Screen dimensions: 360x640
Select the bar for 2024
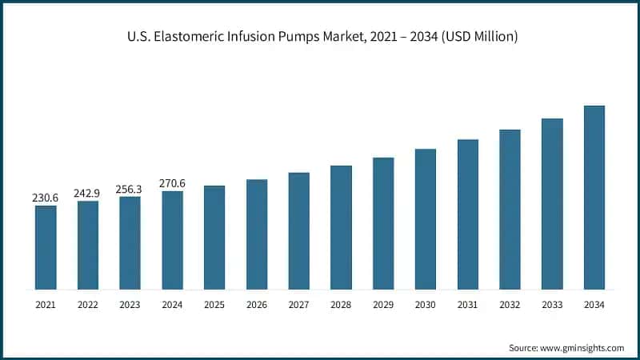tap(172, 239)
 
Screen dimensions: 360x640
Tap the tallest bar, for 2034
tap(594, 197)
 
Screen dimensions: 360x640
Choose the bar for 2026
tap(257, 234)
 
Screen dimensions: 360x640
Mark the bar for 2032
tap(510, 209)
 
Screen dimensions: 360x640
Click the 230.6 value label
tap(46, 198)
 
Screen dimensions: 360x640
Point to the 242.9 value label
tap(88, 193)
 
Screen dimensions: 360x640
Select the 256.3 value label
tap(130, 188)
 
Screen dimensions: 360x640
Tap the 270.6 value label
tap(172, 182)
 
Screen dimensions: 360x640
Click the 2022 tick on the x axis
tap(88, 305)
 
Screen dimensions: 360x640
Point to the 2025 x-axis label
tap(214, 305)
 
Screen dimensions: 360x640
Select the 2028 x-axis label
tap(341, 305)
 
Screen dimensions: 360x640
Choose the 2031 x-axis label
tap(467, 305)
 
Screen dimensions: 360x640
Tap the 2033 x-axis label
tap(552, 305)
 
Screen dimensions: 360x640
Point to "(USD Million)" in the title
tap(474, 36)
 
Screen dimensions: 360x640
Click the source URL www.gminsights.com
tap(582, 348)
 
